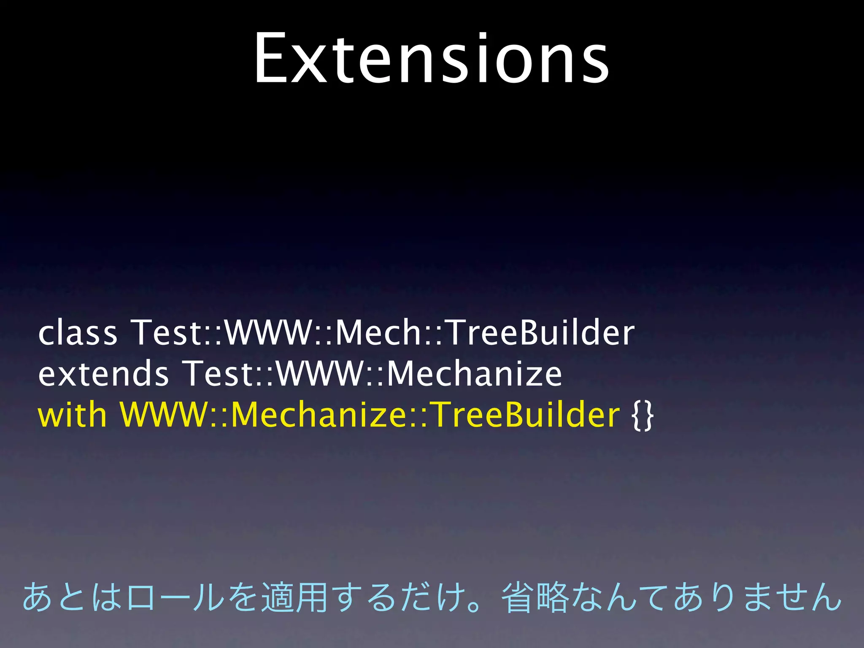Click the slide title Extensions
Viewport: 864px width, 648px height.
[431, 59]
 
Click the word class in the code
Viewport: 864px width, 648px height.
[78, 333]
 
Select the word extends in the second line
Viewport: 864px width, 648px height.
[103, 374]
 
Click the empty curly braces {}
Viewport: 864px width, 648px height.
[643, 416]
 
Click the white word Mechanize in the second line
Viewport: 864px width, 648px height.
[474, 374]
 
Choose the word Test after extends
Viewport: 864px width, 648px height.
[219, 374]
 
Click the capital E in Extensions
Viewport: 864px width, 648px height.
[271, 59]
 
